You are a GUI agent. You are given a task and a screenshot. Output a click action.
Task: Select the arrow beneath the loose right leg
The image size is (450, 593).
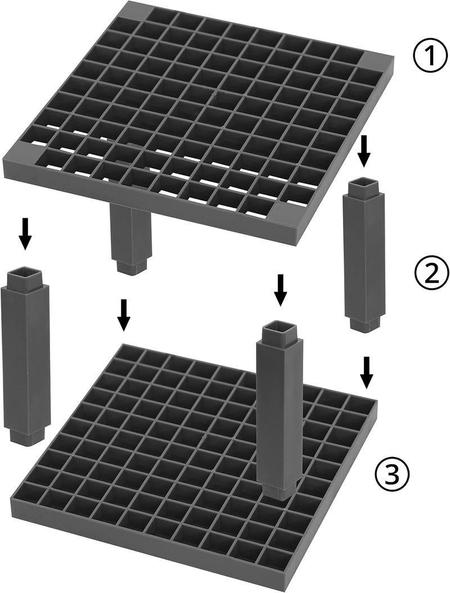(366, 372)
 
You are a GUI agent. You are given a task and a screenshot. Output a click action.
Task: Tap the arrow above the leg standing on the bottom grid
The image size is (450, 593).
(280, 290)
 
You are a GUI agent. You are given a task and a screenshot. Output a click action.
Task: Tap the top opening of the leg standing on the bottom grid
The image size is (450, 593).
(279, 329)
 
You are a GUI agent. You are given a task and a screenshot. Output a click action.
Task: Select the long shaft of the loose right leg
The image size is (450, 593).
(363, 257)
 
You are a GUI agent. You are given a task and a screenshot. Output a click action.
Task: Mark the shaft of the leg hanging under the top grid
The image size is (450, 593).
(130, 231)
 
